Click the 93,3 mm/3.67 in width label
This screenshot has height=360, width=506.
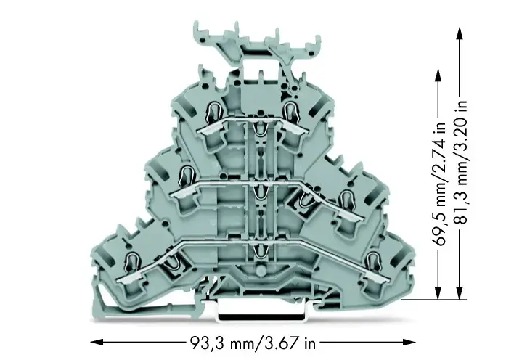click(252, 343)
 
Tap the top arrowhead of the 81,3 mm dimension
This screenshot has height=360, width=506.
click(460, 34)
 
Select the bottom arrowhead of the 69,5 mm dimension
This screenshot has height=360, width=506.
click(438, 292)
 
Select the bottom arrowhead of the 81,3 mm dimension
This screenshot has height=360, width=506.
click(460, 292)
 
